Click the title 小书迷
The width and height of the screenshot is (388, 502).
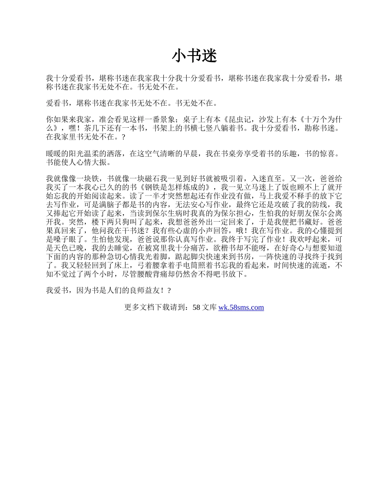[x=194, y=56]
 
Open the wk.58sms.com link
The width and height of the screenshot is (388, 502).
[x=241, y=307]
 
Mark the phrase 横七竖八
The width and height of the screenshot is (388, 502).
[x=198, y=129]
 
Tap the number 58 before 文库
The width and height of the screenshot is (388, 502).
[x=196, y=307]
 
